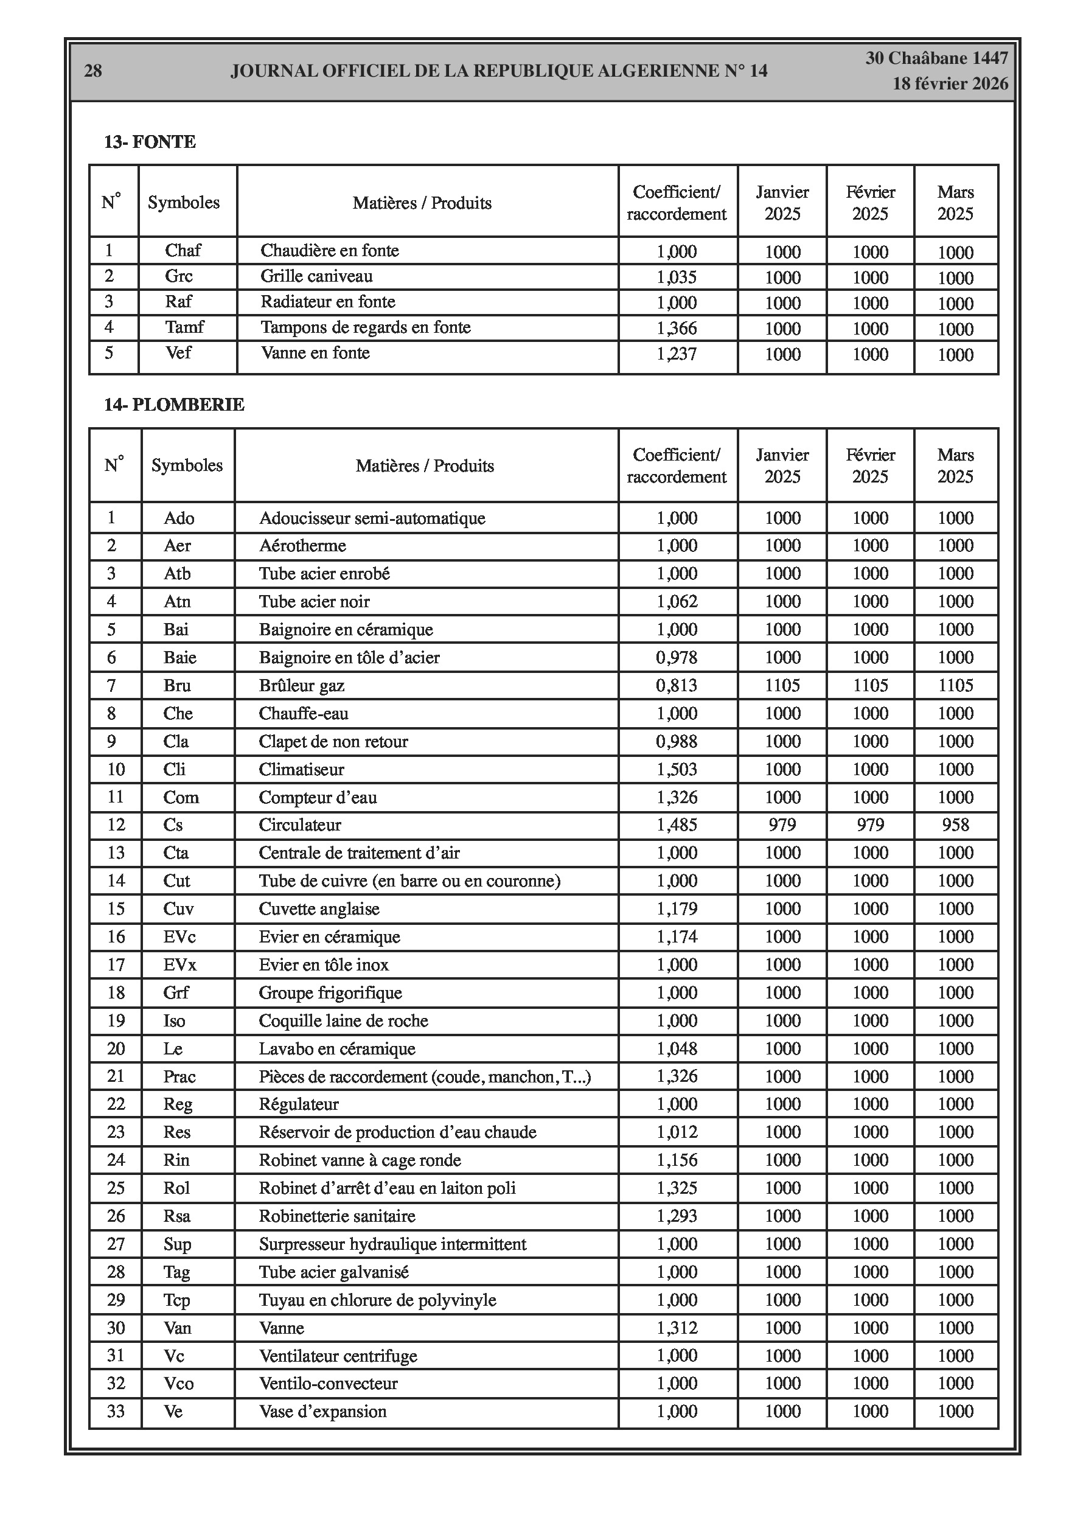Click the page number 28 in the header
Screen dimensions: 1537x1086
(93, 71)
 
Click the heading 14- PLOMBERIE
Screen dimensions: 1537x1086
(174, 405)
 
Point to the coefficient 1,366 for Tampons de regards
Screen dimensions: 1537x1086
(677, 328)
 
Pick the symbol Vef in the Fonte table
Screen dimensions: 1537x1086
(179, 353)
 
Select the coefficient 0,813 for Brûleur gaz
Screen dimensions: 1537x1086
(677, 686)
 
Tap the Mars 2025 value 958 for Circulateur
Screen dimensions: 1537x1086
(955, 824)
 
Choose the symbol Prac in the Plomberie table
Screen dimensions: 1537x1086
(179, 1076)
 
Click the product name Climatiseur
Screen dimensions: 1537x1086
(301, 769)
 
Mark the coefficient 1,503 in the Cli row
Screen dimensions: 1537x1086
(677, 769)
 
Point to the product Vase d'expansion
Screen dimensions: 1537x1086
(322, 1411)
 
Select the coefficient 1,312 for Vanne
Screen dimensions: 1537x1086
(677, 1328)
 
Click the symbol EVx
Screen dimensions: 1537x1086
(179, 964)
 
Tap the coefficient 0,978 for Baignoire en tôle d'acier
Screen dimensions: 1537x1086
(677, 657)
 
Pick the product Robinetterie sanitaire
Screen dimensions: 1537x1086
(337, 1216)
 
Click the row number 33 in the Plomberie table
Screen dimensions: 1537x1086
(116, 1411)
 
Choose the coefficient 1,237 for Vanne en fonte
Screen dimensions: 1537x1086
(677, 354)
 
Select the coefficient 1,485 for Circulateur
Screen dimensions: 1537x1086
(677, 824)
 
